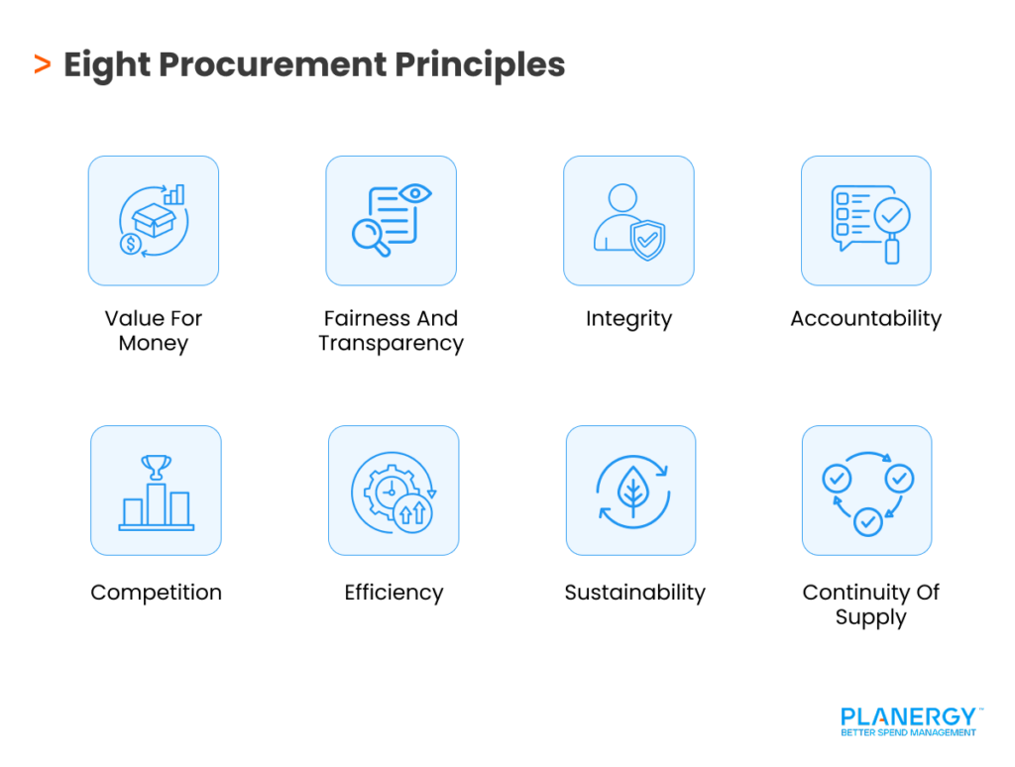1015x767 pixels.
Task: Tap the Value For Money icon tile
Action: [154, 220]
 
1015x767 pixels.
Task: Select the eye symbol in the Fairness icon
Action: [415, 193]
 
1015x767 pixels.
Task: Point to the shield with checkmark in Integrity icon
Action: [648, 240]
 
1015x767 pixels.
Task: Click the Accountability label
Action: [865, 319]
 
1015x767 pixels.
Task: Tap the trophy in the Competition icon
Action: [157, 466]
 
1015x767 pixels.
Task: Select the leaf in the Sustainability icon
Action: [630, 490]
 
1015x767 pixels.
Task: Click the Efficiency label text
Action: [394, 593]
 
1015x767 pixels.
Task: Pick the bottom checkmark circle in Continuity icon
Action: [867, 520]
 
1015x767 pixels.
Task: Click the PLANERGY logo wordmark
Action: [908, 716]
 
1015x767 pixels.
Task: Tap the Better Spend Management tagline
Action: [908, 733]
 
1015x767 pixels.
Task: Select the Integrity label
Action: [628, 319]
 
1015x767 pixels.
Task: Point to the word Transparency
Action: [391, 344]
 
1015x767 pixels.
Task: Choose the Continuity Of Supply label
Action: [870, 604]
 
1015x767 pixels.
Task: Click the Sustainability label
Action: [634, 593]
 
